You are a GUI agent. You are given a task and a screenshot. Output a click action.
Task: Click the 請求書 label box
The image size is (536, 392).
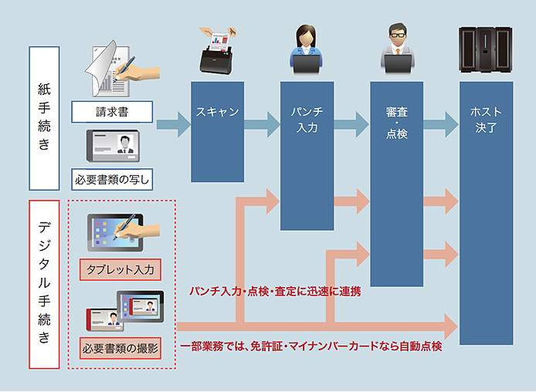(x=112, y=112)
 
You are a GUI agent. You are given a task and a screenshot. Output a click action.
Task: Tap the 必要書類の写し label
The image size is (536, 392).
(x=112, y=180)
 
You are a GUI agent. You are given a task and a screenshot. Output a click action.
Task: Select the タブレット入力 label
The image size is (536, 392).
(x=120, y=270)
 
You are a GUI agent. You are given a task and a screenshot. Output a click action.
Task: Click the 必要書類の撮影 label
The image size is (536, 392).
(x=120, y=349)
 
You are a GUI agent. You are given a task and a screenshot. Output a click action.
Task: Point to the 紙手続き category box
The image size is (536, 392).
(x=44, y=118)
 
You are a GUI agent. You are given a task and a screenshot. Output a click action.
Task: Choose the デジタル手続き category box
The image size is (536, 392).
(x=44, y=283)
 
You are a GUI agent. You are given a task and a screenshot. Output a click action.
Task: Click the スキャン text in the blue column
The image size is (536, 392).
(x=218, y=112)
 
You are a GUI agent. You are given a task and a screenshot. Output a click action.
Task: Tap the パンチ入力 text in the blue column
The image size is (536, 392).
(x=307, y=120)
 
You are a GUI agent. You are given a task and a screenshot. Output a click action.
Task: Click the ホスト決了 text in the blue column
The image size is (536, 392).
(x=485, y=120)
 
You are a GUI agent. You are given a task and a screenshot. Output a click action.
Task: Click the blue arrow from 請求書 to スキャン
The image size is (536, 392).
(x=174, y=123)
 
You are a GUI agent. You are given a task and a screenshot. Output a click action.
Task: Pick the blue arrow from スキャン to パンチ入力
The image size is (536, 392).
(x=263, y=123)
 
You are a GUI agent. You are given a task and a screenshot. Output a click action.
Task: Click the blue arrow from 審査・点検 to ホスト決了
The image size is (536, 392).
(x=440, y=123)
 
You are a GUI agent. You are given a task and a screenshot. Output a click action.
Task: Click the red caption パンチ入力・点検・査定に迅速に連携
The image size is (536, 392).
(x=275, y=292)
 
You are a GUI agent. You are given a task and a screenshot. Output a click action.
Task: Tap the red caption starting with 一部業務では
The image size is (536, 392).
(x=310, y=347)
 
